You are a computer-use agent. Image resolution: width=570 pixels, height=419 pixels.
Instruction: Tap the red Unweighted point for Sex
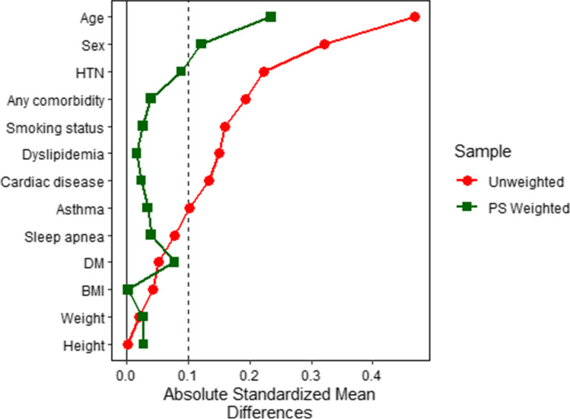click(x=324, y=44)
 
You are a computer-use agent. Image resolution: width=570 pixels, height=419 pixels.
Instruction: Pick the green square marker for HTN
click(x=181, y=72)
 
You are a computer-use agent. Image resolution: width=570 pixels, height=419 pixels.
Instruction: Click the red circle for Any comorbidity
click(x=246, y=99)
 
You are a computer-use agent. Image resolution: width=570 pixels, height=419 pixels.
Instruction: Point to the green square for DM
click(x=174, y=262)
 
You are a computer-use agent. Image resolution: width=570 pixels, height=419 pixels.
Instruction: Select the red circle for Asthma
click(x=189, y=208)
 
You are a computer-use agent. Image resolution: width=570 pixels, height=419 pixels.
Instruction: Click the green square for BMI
click(x=128, y=289)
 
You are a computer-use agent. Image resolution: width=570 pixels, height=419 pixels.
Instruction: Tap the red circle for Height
click(x=128, y=344)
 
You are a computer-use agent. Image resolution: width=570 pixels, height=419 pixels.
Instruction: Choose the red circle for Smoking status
click(x=224, y=126)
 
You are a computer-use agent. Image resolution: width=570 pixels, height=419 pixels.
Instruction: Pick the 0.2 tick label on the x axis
click(x=249, y=376)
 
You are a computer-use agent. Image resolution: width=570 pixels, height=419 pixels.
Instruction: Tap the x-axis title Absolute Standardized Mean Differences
click(x=249, y=403)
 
